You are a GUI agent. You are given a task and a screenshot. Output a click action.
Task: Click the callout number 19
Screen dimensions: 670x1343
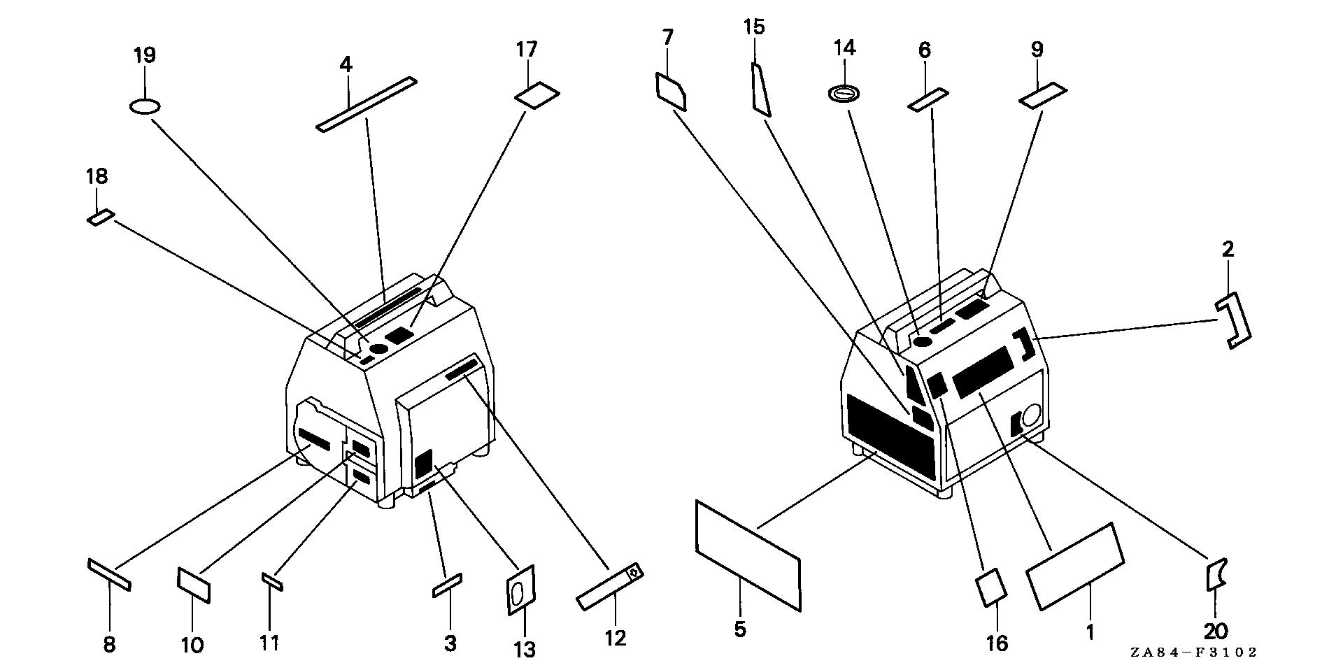click(x=145, y=56)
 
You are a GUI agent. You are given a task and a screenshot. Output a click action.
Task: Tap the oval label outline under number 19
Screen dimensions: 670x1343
click(x=145, y=106)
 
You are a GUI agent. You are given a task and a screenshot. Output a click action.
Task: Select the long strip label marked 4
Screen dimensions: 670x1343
click(x=367, y=104)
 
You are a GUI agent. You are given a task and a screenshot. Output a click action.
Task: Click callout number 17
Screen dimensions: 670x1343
click(x=527, y=50)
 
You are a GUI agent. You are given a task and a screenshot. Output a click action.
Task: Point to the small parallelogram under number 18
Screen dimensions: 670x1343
click(x=99, y=217)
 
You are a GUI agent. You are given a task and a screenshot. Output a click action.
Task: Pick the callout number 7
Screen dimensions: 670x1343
click(x=667, y=37)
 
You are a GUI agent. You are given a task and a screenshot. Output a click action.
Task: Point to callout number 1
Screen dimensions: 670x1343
click(x=1089, y=632)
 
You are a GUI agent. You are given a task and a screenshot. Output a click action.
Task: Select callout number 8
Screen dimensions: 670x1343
click(x=109, y=643)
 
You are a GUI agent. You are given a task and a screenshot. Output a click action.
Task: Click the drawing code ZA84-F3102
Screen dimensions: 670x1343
click(x=1193, y=652)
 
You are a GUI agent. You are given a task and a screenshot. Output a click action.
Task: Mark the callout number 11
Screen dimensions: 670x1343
click(x=269, y=643)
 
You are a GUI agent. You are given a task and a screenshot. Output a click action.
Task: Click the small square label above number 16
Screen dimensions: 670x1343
click(x=991, y=586)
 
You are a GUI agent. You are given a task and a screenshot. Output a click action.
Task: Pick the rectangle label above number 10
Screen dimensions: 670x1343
click(x=194, y=584)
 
